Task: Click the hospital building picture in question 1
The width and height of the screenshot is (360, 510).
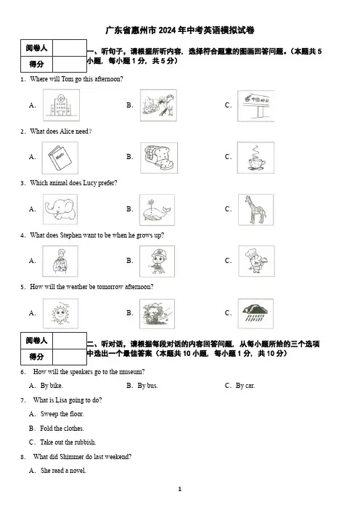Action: click(x=61, y=105)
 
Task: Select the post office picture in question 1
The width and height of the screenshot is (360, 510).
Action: click(x=256, y=106)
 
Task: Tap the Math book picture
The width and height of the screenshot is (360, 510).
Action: click(x=60, y=158)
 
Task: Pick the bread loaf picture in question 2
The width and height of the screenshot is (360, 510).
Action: click(x=159, y=158)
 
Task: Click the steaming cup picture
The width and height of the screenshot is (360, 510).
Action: click(x=255, y=158)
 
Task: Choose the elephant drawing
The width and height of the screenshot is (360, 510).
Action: click(x=60, y=209)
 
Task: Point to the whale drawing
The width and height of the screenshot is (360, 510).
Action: click(x=157, y=210)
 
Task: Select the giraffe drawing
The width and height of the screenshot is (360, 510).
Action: click(x=255, y=210)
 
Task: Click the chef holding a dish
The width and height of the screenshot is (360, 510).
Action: click(x=256, y=261)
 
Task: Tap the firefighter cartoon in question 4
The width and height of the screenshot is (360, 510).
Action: click(x=157, y=262)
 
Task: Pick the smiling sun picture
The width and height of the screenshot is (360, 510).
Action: click(x=60, y=314)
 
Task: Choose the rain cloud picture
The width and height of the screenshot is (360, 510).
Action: click(x=255, y=314)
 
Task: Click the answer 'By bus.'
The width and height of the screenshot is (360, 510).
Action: click(x=147, y=386)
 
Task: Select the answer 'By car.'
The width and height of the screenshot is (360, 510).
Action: click(x=245, y=386)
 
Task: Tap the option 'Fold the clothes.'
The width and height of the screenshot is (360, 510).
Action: click(x=62, y=429)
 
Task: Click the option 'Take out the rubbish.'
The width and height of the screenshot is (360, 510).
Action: click(x=68, y=442)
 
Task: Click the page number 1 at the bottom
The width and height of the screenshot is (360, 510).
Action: click(x=180, y=489)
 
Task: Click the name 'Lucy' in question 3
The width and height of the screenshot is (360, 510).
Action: click(x=90, y=183)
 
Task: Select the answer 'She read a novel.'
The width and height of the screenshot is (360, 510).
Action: click(x=63, y=471)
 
